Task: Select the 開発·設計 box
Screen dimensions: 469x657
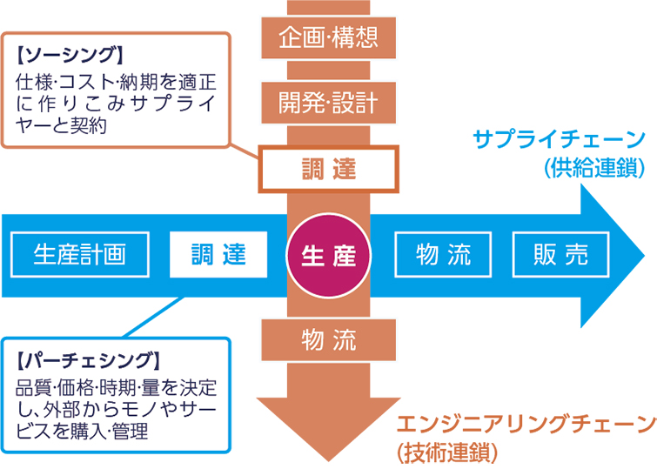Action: click(x=328, y=102)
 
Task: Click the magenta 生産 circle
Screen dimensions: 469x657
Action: click(x=328, y=254)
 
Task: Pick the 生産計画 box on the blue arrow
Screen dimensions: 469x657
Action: click(x=79, y=254)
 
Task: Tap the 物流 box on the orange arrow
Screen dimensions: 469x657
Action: click(x=328, y=339)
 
